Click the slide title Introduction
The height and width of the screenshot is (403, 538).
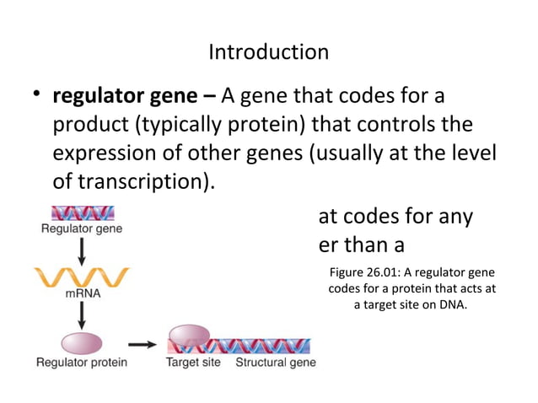tap(268, 52)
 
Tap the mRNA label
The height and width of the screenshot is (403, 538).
tap(81, 296)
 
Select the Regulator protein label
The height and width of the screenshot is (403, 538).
tap(81, 363)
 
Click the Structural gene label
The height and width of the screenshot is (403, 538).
tap(275, 363)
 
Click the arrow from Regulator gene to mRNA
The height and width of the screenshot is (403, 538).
tap(81, 250)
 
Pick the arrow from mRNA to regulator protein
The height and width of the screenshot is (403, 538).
tap(81, 316)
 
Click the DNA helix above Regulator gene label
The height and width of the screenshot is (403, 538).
tap(82, 213)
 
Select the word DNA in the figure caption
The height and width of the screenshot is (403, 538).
tap(452, 305)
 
